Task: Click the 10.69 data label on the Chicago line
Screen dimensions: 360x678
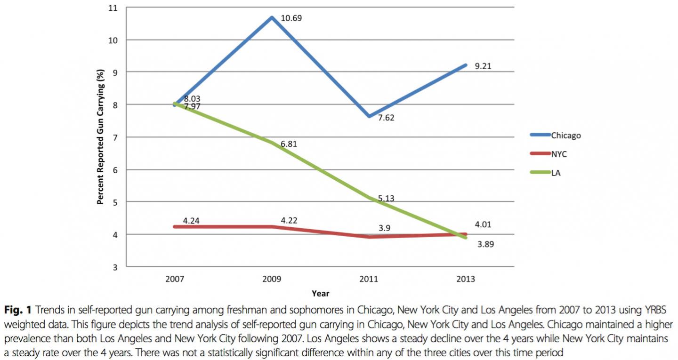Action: click(291, 18)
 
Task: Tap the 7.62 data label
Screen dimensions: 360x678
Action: click(386, 118)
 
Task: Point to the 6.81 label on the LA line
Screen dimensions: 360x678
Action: click(290, 144)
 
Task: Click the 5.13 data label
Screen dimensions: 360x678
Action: click(386, 199)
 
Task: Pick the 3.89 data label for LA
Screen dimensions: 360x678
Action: click(484, 245)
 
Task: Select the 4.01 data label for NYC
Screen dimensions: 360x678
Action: click(484, 224)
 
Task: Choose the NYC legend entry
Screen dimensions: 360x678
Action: click(559, 154)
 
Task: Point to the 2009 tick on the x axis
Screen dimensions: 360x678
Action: click(272, 279)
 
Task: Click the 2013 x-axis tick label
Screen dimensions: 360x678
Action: click(465, 279)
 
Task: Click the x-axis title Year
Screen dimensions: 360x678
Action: click(320, 294)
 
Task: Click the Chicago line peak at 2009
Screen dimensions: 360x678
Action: click(272, 17)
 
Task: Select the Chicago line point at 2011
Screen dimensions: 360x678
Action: click(369, 116)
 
